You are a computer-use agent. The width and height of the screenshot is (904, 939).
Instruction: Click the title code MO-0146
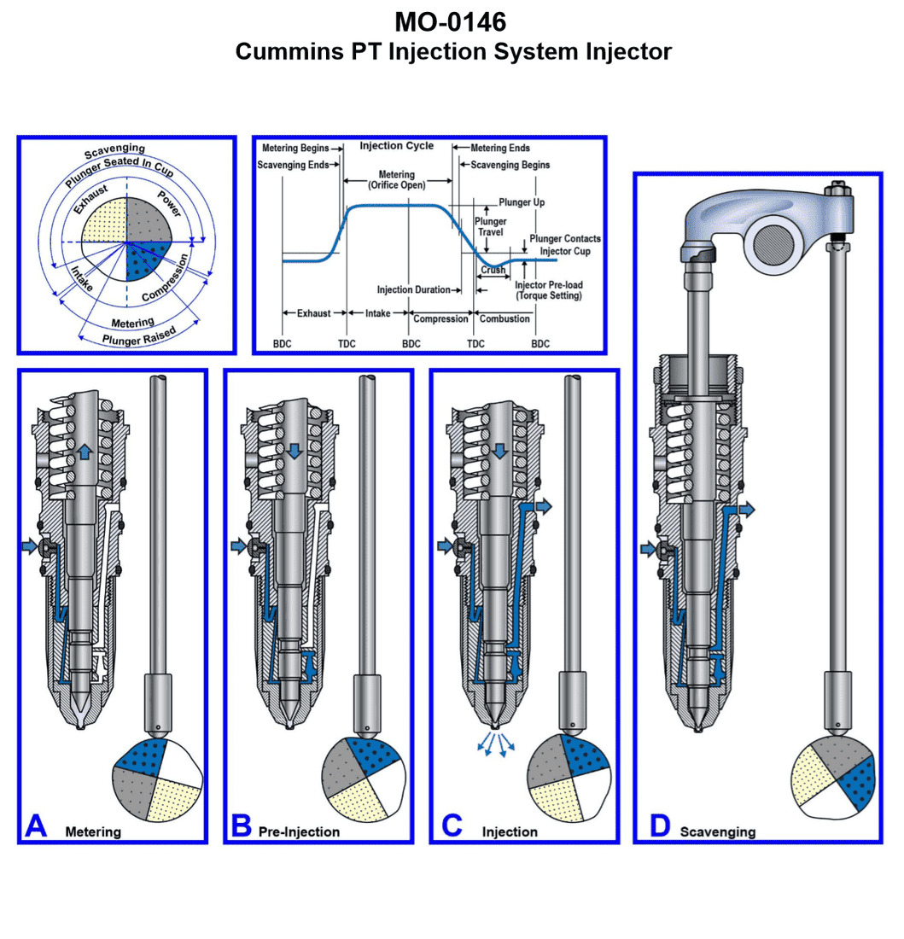[x=452, y=20]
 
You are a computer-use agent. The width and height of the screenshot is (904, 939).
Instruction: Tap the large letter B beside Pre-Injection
[x=242, y=825]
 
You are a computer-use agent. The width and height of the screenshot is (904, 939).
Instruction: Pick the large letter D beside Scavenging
[x=659, y=825]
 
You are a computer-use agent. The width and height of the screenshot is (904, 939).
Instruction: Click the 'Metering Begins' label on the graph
[x=295, y=149]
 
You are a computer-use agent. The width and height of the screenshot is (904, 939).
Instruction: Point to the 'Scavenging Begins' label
[x=505, y=165]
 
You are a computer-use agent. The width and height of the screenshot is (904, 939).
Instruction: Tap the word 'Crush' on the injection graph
[x=493, y=270]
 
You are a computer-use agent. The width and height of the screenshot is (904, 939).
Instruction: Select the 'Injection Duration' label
[x=413, y=290]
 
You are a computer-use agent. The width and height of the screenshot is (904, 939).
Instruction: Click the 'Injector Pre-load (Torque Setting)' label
[x=549, y=290]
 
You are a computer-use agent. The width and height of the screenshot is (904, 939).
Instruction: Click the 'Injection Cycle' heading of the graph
[x=396, y=146]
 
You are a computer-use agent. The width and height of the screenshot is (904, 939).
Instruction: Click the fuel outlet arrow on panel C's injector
[x=543, y=508]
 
